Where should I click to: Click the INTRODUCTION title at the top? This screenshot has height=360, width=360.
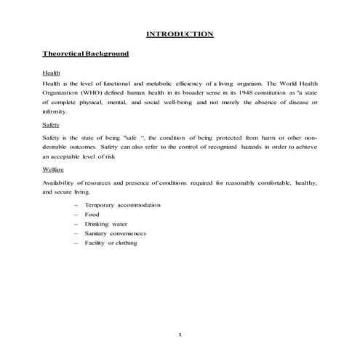pos(180,33)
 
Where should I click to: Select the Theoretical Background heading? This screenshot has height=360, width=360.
pos(86,54)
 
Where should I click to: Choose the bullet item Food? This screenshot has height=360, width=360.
pos(92,215)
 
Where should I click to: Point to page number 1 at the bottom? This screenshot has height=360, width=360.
pos(180,334)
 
